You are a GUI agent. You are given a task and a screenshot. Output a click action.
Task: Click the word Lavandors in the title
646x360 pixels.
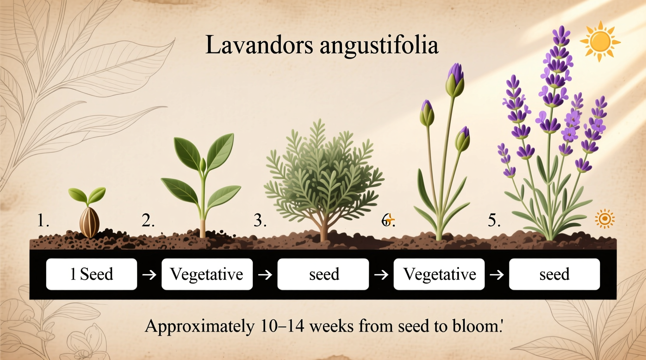pos(259,45)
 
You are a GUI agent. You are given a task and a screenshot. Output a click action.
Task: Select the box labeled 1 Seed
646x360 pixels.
pos(92,274)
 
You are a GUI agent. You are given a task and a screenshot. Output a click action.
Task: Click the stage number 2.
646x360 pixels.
pos(148,221)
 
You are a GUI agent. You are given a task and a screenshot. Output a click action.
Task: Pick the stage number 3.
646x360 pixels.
pos(260,221)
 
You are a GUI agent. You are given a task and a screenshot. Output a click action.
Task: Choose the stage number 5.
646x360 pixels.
pos(494,221)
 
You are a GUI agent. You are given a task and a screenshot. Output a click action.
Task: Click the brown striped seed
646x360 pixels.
pos(89,222)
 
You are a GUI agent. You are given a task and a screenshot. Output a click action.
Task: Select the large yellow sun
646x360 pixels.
pos(600,41)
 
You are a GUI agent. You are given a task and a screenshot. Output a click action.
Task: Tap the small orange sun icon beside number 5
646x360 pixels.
pos(604,219)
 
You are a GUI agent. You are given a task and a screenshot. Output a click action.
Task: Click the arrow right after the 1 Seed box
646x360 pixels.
pos(149,275)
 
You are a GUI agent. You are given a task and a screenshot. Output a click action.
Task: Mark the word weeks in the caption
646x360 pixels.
pos(332,326)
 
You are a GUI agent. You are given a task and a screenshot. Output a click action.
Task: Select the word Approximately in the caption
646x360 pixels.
pos(200,326)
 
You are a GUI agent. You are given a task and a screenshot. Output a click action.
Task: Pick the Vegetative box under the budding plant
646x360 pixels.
pos(439,274)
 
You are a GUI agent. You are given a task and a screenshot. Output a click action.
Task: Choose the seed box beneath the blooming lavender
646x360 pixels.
pos(554,274)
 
